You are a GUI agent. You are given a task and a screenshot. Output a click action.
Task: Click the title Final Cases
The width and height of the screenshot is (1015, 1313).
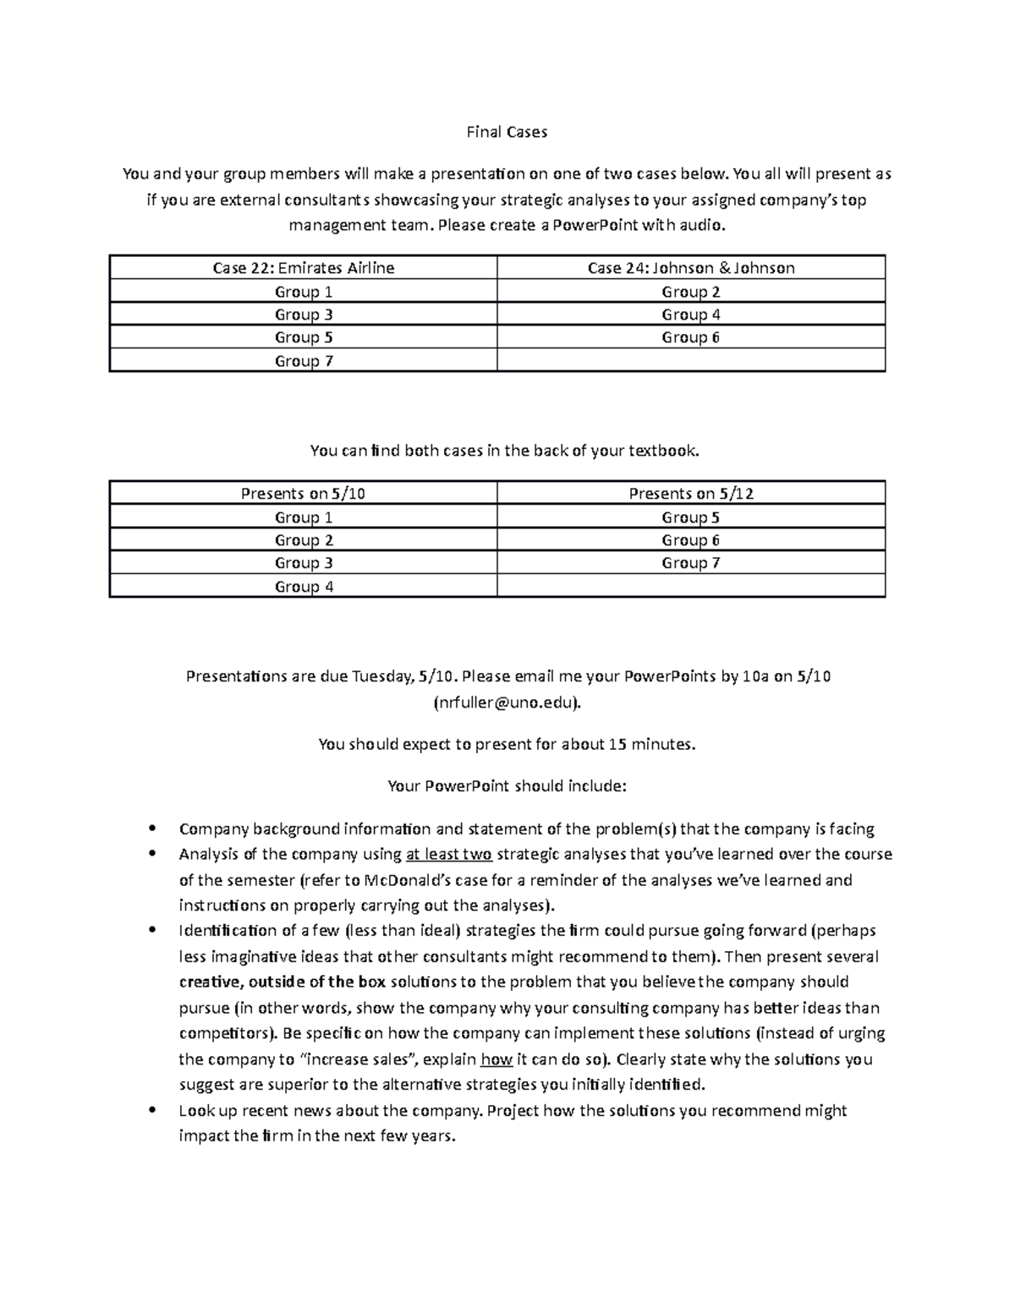click(x=507, y=132)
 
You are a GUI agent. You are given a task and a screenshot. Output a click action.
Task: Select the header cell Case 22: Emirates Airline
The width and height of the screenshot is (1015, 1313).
click(x=303, y=268)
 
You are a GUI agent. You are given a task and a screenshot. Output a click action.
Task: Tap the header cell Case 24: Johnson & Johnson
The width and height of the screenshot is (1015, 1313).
click(x=691, y=268)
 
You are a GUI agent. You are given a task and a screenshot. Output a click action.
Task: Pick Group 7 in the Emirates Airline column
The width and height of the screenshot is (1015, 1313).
click(x=303, y=361)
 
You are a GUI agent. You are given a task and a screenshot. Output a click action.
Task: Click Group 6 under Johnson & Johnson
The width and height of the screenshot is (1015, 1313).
click(x=691, y=337)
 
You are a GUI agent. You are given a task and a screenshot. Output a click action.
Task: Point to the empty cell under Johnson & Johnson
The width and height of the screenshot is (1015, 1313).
click(x=691, y=361)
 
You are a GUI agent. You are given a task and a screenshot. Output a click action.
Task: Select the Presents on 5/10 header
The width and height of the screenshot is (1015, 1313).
click(x=303, y=494)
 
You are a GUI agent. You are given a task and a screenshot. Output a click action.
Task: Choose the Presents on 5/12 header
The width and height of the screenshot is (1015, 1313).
click(x=691, y=494)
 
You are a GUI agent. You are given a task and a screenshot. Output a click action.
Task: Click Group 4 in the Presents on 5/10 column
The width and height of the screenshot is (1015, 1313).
click(x=303, y=587)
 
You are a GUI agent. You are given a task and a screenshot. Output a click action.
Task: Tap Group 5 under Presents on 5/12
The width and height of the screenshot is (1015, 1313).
click(x=691, y=517)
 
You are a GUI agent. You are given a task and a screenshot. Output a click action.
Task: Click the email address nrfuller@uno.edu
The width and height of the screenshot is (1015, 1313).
click(x=507, y=703)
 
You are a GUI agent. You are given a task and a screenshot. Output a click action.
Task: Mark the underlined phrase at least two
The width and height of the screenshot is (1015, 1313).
click(x=449, y=854)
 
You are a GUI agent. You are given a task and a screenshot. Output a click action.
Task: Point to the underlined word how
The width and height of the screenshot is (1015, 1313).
click(x=496, y=1059)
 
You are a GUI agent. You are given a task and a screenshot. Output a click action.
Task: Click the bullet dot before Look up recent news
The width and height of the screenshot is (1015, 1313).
click(x=152, y=1110)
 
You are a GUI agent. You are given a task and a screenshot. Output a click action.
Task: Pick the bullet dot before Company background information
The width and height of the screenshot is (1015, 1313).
click(x=152, y=829)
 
